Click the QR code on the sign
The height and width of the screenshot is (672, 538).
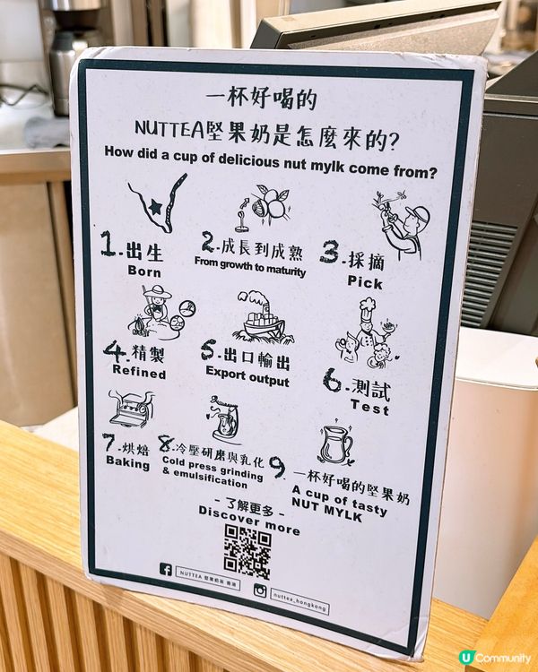coord(247,551)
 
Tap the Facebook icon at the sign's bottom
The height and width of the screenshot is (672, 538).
coord(166,569)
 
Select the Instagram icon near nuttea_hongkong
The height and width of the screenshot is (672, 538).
coord(261,590)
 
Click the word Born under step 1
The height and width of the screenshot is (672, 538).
coord(144,270)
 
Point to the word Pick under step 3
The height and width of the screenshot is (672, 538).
coord(365,282)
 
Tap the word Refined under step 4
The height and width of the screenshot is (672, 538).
coord(139,371)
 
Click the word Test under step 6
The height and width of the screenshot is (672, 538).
coord(369,408)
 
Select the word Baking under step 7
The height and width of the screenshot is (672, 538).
coord(127,462)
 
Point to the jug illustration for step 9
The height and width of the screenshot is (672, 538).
coord(336,444)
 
